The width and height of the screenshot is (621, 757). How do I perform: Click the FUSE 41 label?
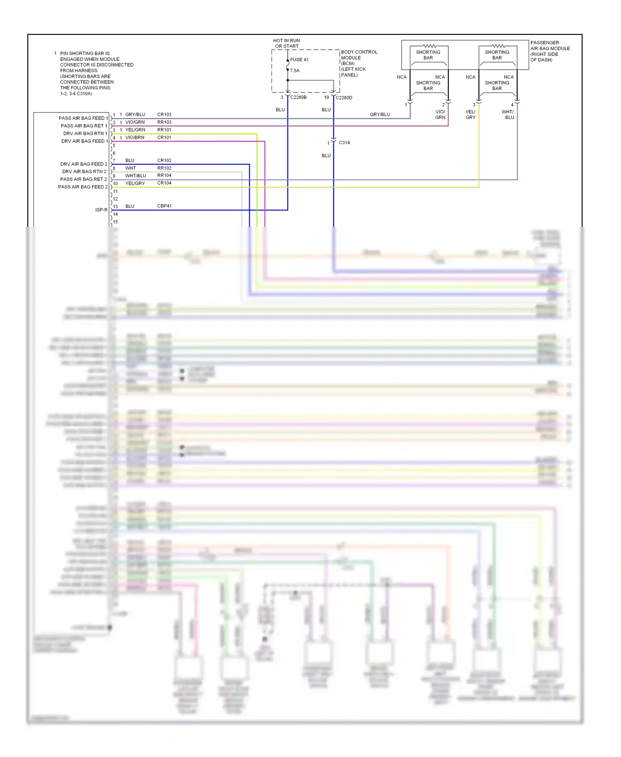point(299,60)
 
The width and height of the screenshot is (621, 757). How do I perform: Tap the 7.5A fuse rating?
point(295,71)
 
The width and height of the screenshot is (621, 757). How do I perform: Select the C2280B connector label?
point(298,97)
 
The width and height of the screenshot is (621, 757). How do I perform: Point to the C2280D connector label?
point(344,98)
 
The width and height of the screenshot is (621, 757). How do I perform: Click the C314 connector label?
point(344,143)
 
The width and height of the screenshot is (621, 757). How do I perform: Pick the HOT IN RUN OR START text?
point(286,43)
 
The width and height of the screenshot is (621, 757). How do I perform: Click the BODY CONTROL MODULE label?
point(359,63)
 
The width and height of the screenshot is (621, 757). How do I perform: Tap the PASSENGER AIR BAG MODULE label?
point(550,51)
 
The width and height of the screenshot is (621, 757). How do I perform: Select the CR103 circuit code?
point(164,115)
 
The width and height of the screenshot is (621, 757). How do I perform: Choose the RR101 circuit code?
point(164,130)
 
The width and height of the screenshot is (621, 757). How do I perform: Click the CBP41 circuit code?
point(164,206)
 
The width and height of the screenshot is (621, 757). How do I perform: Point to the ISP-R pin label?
point(101,210)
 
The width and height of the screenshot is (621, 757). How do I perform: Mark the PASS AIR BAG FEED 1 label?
point(83,118)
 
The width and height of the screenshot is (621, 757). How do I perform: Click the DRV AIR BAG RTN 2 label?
point(84,172)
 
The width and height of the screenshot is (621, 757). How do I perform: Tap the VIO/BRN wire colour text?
point(135,137)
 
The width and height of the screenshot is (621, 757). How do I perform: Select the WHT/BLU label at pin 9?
point(136,176)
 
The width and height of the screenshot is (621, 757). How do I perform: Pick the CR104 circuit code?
point(164,183)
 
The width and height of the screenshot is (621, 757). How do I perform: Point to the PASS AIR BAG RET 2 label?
point(83,179)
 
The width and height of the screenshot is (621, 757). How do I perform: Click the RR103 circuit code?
point(164,122)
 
